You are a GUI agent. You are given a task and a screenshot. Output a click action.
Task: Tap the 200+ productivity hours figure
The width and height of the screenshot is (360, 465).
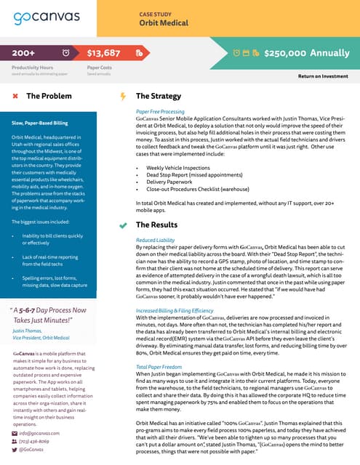(x=24, y=53)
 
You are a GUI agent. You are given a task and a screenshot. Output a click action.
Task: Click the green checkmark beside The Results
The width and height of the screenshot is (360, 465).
(x=123, y=206)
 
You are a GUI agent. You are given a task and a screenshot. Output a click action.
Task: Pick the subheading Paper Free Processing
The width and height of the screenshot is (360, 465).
(x=160, y=111)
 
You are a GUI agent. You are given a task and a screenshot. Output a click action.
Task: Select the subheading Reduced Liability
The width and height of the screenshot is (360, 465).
(x=155, y=219)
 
